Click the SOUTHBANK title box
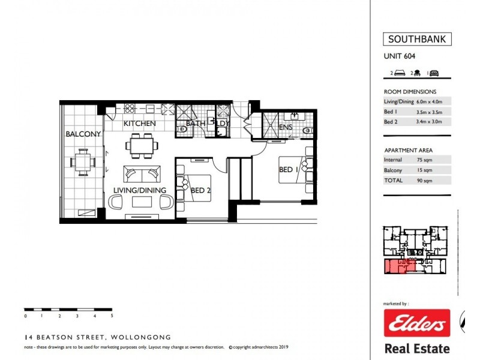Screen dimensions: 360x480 (x=417, y=40)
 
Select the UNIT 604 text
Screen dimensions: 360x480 (x=400, y=57)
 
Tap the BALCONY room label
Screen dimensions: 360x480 (x=83, y=134)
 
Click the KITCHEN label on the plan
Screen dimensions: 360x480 (x=140, y=124)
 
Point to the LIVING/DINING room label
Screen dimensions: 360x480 (x=139, y=190)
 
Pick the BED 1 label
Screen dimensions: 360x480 (x=290, y=170)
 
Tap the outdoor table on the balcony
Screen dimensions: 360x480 (x=82, y=162)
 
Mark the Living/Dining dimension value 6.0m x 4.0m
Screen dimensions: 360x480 (x=433, y=101)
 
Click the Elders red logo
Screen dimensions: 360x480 (x=417, y=324)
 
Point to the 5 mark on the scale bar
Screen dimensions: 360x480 (x=112, y=316)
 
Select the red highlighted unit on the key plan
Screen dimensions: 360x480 (x=397, y=267)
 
